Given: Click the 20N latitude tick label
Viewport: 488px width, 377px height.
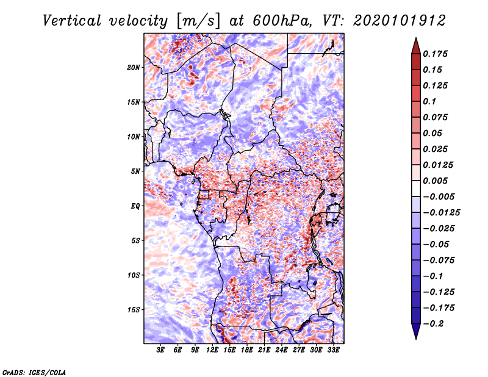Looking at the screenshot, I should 134,67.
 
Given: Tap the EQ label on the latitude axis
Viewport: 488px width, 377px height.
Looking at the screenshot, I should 135,206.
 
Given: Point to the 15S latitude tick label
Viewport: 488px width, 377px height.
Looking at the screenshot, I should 134,310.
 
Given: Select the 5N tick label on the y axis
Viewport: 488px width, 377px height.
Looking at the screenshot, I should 135,171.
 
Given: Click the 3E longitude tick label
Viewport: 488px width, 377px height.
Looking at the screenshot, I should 161,350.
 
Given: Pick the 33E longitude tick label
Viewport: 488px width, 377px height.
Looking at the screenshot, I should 333,350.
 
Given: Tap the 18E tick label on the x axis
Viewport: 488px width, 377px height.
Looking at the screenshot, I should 247,350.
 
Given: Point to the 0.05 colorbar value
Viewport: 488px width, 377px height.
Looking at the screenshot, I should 433,133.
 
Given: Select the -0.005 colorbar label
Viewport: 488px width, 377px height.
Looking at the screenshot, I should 439,196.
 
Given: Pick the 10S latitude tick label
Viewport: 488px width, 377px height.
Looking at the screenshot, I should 134,275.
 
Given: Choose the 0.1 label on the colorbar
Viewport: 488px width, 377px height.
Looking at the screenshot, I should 430,101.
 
